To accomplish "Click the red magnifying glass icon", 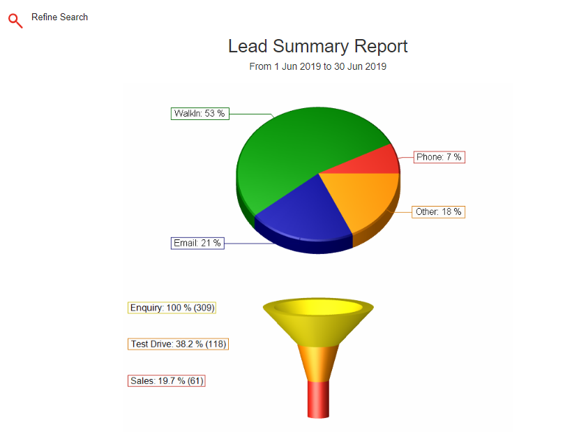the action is pyautogui.click(x=15, y=21).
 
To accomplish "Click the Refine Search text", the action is pyautogui.click(x=59, y=17).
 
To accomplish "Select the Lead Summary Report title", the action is pyautogui.click(x=317, y=46).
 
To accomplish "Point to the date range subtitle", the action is pyautogui.click(x=317, y=66).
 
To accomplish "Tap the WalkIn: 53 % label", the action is pyautogui.click(x=200, y=114).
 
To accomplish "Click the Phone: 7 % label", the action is pyautogui.click(x=439, y=157).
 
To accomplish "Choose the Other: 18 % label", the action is pyautogui.click(x=439, y=212).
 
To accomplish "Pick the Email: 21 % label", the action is pyautogui.click(x=197, y=244).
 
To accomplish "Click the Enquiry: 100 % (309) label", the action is pyautogui.click(x=172, y=308).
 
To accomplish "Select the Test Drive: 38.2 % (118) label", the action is pyautogui.click(x=178, y=344).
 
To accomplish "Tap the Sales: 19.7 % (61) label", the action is pyautogui.click(x=166, y=380).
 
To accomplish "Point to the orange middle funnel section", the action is pyautogui.click(x=318, y=364).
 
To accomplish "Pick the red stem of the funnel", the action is pyautogui.click(x=318, y=399).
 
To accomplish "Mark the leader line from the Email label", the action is pyautogui.click(x=249, y=244).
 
